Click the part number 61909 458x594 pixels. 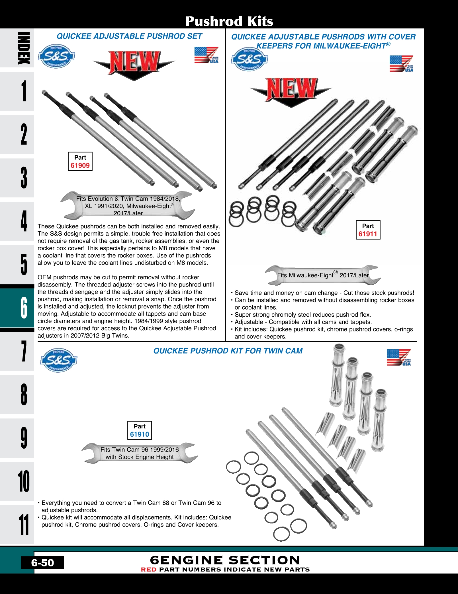80,165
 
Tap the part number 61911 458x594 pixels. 368,234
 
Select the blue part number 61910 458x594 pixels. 140,434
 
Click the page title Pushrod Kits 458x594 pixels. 229,21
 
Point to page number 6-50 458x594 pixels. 42,563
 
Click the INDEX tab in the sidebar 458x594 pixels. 23,48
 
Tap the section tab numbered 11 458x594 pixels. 23,524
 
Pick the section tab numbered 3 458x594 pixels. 23,178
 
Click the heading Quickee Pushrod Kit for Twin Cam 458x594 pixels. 228,351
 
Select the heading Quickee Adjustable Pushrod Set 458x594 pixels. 129,36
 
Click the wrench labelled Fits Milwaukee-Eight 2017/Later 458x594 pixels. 323,275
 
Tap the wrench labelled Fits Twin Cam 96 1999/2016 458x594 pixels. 140,453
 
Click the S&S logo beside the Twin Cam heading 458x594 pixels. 59,360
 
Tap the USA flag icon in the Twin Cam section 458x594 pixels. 399,357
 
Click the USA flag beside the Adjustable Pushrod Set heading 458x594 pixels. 206,55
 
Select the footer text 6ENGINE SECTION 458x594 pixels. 225,560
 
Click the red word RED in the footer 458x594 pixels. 149,570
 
